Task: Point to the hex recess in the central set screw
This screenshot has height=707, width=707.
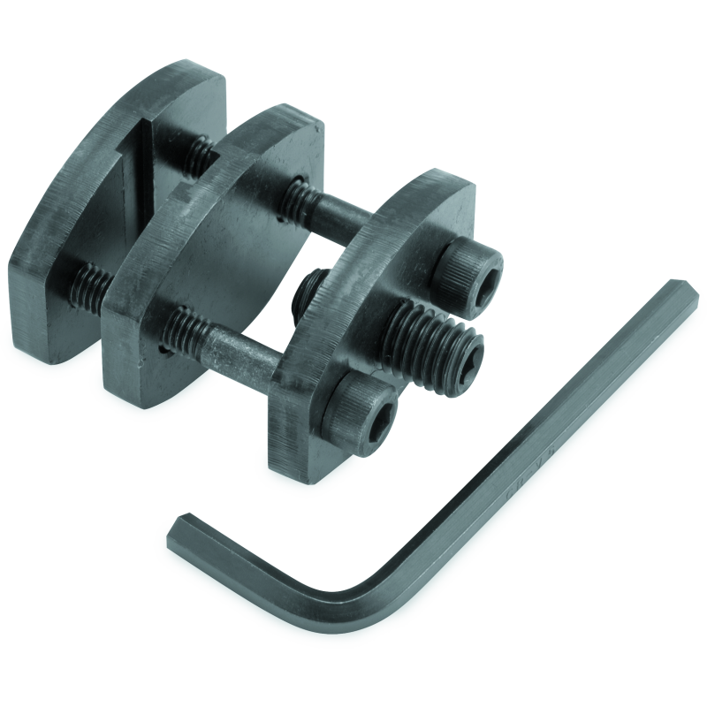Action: coord(466,355)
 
